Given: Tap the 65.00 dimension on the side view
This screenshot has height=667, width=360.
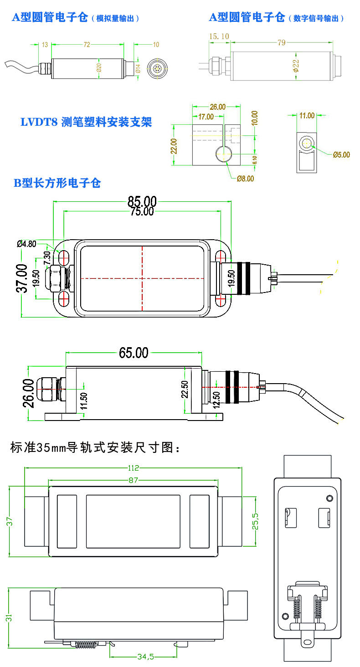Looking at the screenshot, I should [x=134, y=353].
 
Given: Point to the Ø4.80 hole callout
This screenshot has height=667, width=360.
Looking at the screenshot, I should [x=26, y=243].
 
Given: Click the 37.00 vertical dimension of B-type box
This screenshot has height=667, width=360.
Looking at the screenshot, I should [x=22, y=278].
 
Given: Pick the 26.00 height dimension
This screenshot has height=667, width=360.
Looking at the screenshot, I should [x=28, y=393].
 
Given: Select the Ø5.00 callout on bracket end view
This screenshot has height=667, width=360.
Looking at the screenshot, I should [x=341, y=154].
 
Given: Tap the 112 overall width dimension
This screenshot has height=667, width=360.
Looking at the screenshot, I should [x=133, y=467].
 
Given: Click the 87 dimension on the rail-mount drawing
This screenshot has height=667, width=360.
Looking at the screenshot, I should [x=133, y=480].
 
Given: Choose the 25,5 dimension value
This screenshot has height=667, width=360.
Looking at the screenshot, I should [x=256, y=520].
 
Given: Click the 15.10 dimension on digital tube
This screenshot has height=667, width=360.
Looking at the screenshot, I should [x=219, y=36].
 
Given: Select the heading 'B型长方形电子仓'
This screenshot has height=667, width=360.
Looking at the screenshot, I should [x=57, y=183].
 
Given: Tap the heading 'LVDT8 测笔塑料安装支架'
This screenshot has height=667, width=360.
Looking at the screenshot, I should [x=86, y=122].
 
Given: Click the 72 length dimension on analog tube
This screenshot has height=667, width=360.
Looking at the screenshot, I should [x=87, y=45].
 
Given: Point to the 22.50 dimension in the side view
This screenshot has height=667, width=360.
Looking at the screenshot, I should [x=184, y=389].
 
